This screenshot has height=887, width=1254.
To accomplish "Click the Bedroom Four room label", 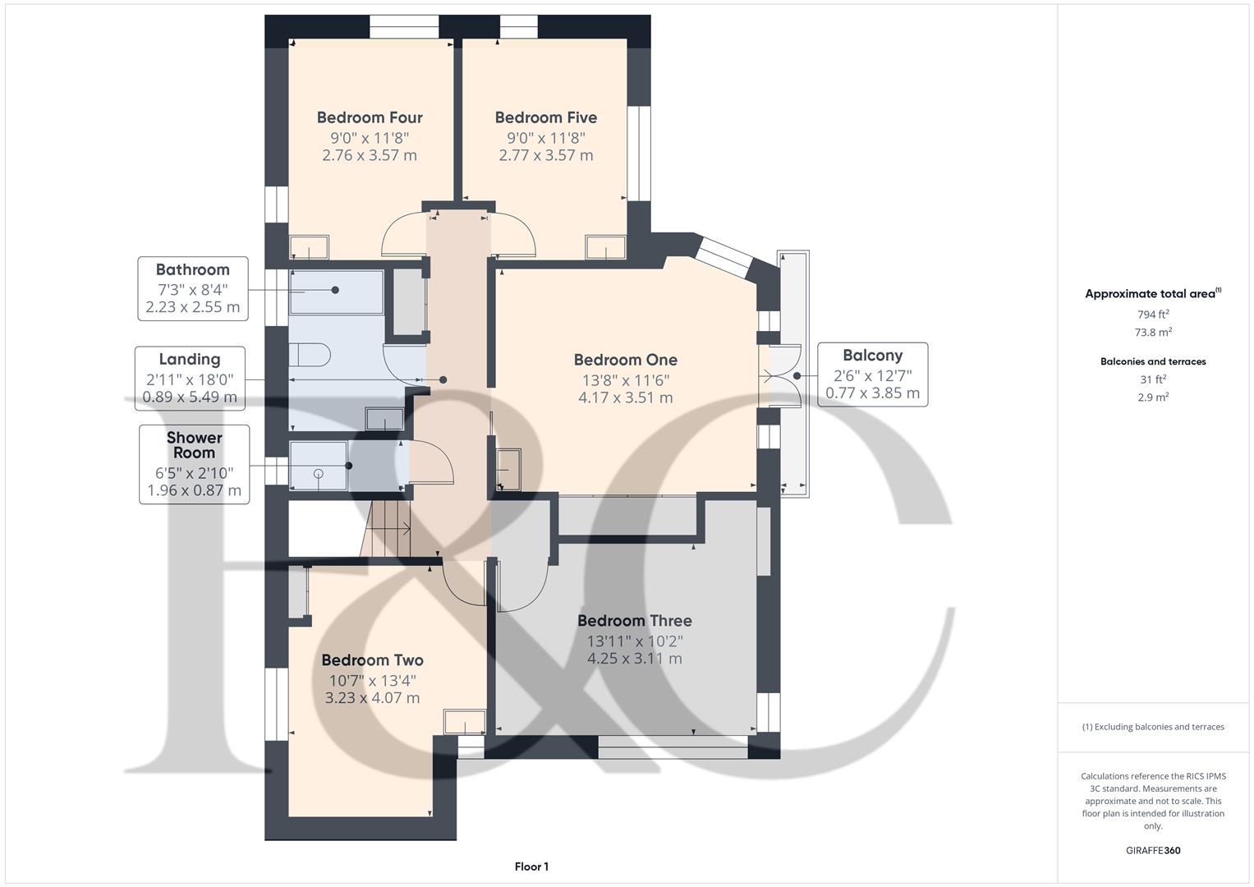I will pos(370,117).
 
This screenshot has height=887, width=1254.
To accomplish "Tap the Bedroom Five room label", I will pos(545,117).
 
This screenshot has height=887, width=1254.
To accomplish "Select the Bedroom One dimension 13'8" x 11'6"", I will pos(625,380).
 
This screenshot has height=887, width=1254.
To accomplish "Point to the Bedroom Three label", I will pos(634,621).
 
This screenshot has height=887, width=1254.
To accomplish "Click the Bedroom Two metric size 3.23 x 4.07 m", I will pos(372,698).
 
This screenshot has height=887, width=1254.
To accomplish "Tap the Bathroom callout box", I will pos(193,288).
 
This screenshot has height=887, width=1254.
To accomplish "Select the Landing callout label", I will pos(190,360).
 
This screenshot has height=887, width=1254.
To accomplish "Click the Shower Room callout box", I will pos(194,464).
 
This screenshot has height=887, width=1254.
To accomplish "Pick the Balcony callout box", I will pos(872,375).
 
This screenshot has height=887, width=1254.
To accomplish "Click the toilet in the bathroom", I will pos(310,355).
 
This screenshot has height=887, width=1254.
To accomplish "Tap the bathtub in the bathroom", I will pos(336,291).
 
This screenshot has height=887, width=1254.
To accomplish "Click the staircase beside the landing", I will pos(387,529).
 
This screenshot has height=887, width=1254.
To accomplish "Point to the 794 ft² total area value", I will pos(1152,315).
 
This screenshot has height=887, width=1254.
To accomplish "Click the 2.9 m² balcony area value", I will pos(1152,397).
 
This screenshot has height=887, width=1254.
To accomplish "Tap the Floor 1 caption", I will pos(531,866).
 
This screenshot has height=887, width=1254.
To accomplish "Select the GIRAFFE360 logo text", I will pos(1152,850).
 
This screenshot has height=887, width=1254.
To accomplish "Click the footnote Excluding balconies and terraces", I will pos(1152,727).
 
